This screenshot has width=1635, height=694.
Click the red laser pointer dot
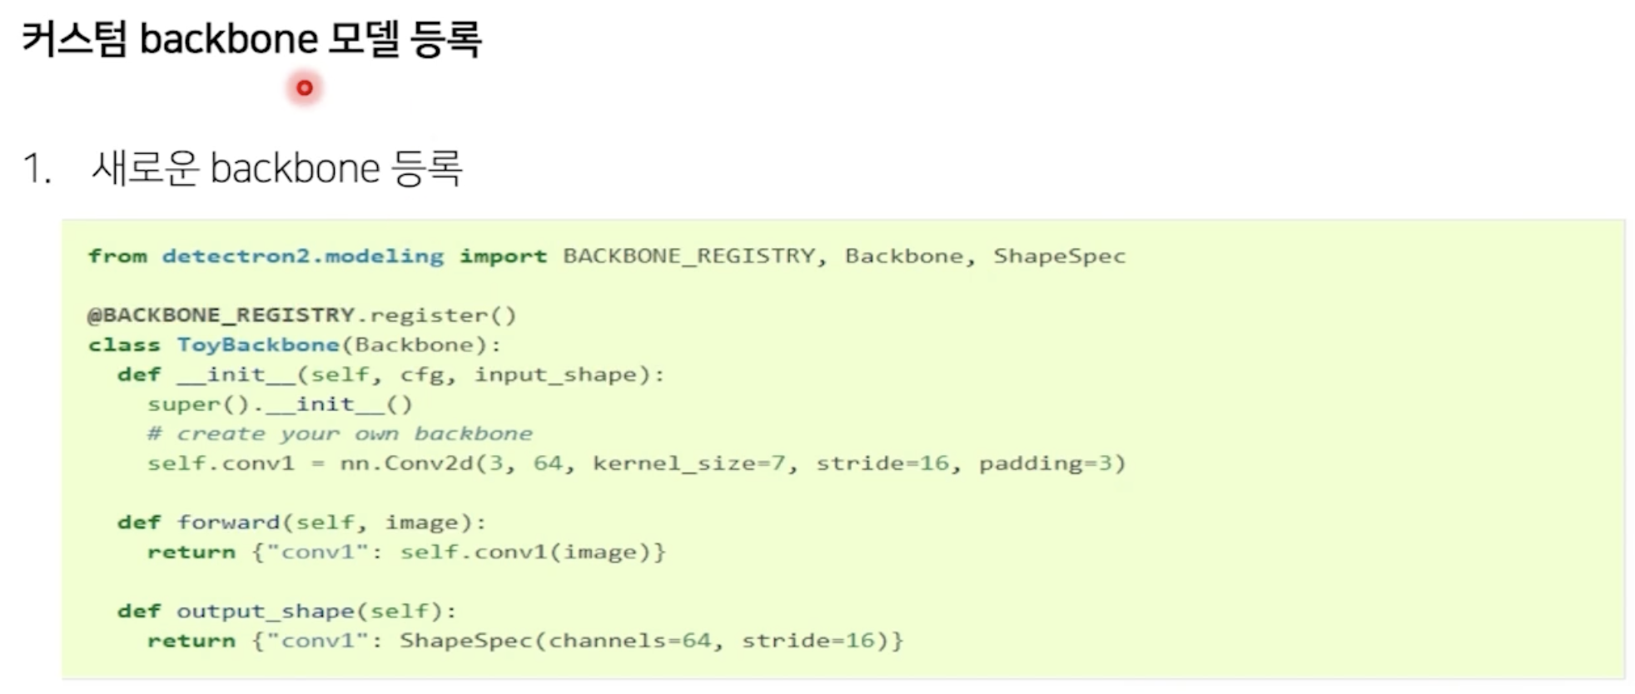[x=305, y=87]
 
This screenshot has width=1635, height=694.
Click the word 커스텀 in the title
[x=74, y=39]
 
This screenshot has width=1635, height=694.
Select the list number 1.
[x=36, y=168]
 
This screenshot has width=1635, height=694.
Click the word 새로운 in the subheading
[x=145, y=168]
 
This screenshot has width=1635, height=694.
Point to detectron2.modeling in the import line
[x=303, y=256]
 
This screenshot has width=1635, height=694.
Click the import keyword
[x=503, y=256]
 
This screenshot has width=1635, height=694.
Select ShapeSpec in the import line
[x=1059, y=256]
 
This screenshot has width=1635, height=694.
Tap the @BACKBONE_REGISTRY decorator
[x=221, y=315]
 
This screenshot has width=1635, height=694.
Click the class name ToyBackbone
[x=258, y=345]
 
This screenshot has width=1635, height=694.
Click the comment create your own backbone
[x=340, y=434]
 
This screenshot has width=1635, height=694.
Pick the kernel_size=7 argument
[x=688, y=463]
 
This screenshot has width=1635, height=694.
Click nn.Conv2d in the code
[x=406, y=463]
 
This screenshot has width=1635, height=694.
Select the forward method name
[x=228, y=523]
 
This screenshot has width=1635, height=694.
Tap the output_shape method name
[x=266, y=612]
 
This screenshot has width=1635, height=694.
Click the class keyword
[x=124, y=345]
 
